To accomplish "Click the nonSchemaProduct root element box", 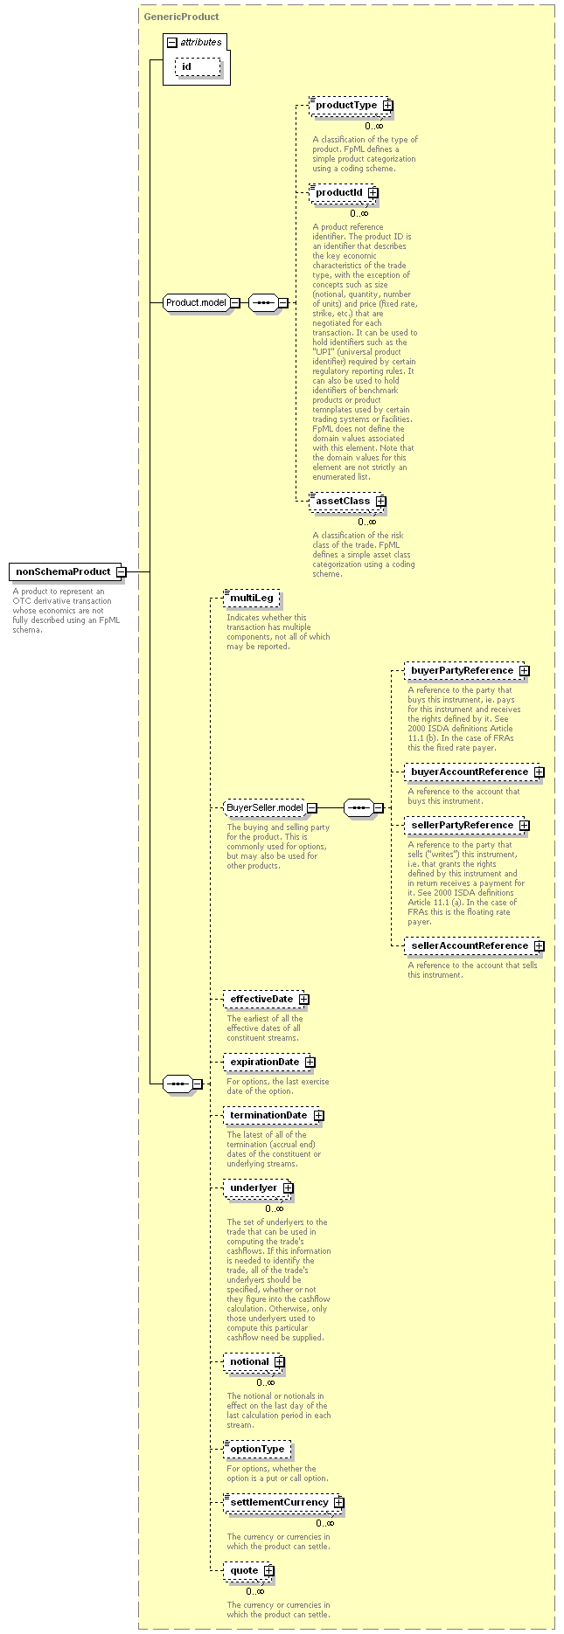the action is click(x=68, y=571).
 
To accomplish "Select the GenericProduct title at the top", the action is click(x=181, y=17).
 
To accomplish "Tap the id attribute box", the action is click(x=198, y=66).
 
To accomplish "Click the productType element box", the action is click(x=352, y=106).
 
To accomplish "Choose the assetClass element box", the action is click(x=348, y=502).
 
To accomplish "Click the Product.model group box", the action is click(x=202, y=302).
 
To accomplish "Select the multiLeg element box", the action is click(x=252, y=598).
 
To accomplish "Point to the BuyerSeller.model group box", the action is click(x=270, y=807).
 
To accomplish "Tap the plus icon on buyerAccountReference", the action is click(x=540, y=772).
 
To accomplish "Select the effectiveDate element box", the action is click(x=267, y=999).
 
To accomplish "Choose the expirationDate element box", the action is click(x=269, y=1063).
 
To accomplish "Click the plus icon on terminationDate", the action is click(x=319, y=1116).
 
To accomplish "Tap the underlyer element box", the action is click(x=258, y=1188).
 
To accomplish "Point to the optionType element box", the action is click(x=257, y=1450).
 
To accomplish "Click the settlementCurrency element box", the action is click(x=284, y=1503).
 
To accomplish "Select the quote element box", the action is click(x=249, y=1571).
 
